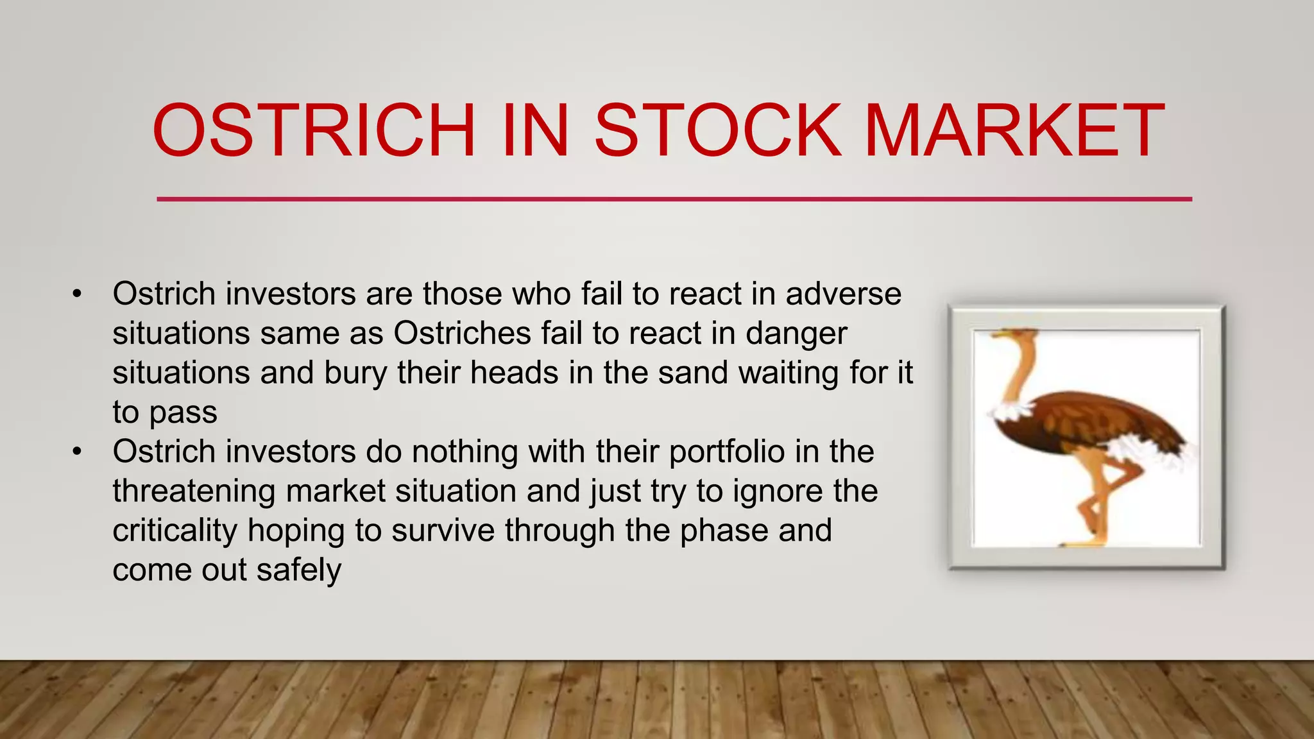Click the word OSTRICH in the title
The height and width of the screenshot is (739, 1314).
coord(314,131)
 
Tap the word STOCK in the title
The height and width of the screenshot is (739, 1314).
coord(717,131)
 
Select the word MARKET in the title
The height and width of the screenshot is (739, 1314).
coord(1014,131)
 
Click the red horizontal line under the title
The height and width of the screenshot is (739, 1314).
coord(674,200)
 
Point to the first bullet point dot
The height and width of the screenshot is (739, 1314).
coord(78,295)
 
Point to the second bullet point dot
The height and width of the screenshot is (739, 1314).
coord(78,452)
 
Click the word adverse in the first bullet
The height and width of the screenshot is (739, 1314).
coord(843,294)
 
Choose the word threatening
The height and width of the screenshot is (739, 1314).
coord(194,491)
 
